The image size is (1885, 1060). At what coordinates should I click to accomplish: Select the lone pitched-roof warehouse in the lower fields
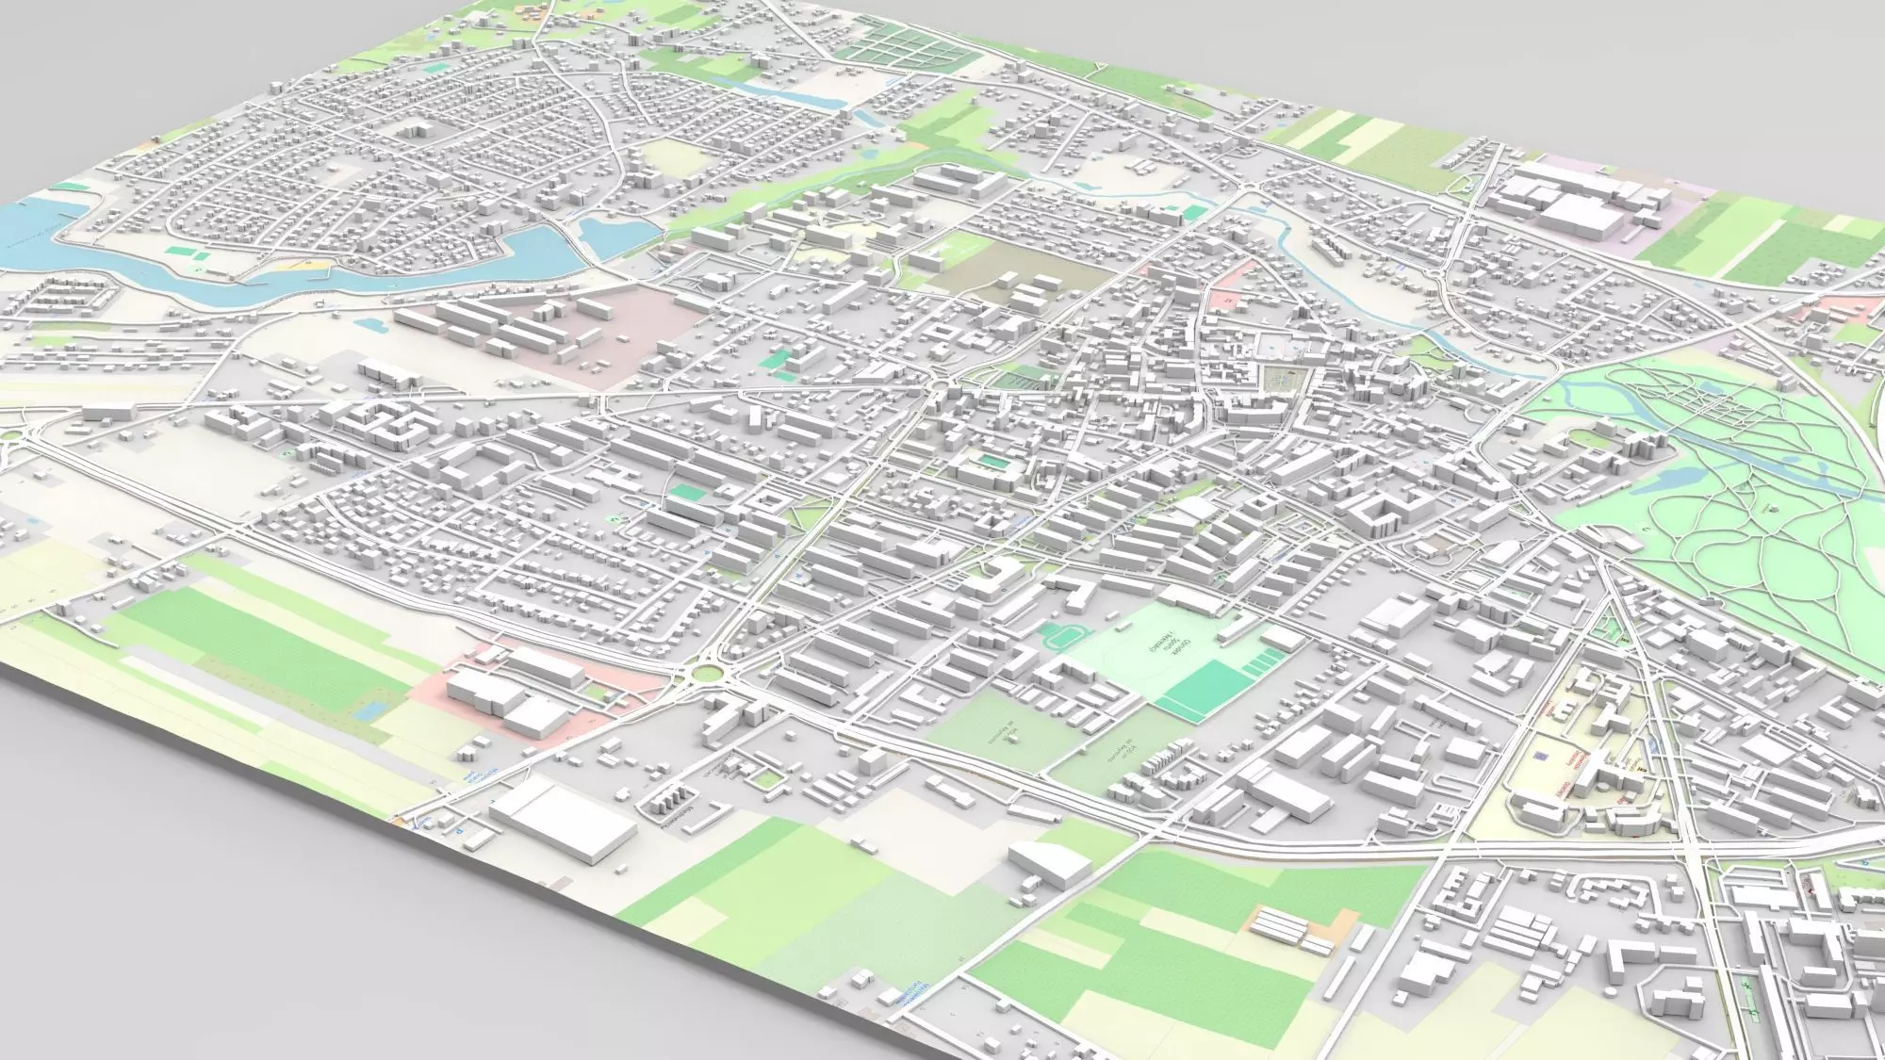tap(1050, 860)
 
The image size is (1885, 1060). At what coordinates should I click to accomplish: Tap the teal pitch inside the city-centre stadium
tap(992, 462)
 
